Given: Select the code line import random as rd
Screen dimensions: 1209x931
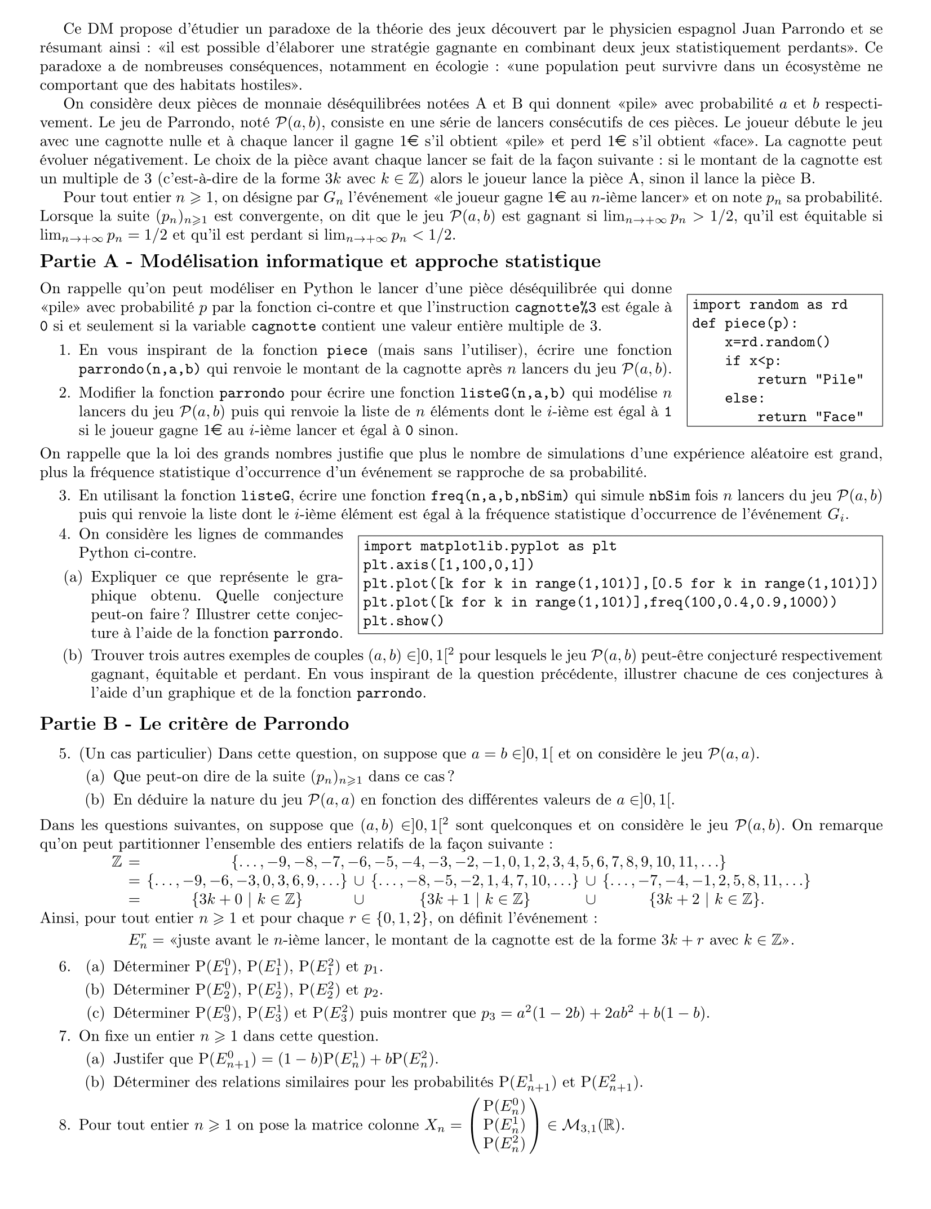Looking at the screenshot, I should pyautogui.click(x=770, y=305).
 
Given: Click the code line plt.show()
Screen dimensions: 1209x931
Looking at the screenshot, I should pyautogui.click(x=404, y=621).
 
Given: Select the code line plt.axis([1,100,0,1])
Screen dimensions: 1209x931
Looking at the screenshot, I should pyautogui.click(x=448, y=565).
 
